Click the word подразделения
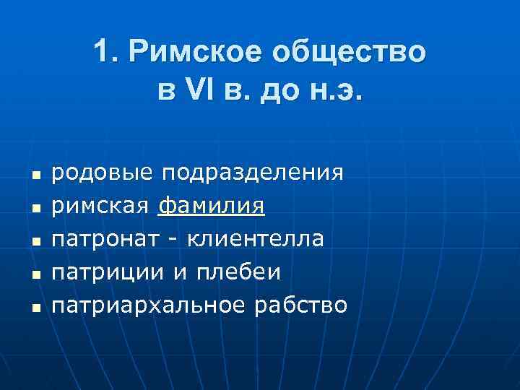[x=252, y=175]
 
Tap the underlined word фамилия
[x=211, y=207]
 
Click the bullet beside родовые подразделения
[x=33, y=175]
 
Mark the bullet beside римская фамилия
[x=33, y=208]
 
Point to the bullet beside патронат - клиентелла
[x=33, y=240]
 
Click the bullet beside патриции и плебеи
[x=33, y=273]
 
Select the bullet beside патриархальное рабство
[x=33, y=305]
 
